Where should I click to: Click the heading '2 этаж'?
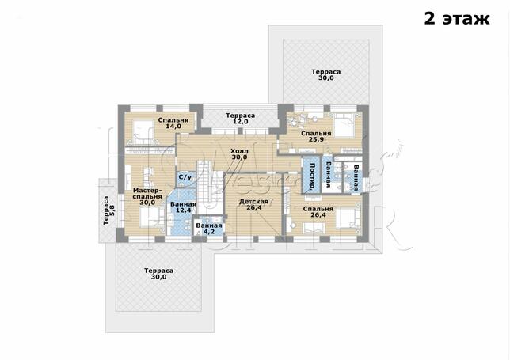click(x=457, y=18)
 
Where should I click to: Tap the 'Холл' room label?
click(x=239, y=151)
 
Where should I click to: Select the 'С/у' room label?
click(x=185, y=177)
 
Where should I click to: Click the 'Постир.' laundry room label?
click(x=312, y=176)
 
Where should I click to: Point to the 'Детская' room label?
click(x=253, y=202)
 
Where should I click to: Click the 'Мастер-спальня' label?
click(x=147, y=193)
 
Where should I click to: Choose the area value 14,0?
click(x=173, y=127)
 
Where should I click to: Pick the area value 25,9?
click(x=316, y=139)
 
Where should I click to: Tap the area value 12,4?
click(x=183, y=210)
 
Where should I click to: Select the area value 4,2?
click(x=209, y=232)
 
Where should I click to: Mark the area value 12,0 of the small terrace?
click(x=241, y=122)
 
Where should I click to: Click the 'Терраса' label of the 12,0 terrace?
click(x=241, y=116)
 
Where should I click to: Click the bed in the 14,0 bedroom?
click(x=142, y=131)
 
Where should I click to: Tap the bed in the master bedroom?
click(x=151, y=218)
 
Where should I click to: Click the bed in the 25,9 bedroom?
click(x=344, y=126)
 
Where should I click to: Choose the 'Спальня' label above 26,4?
click(x=318, y=209)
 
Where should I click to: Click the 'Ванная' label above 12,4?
click(x=183, y=204)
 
